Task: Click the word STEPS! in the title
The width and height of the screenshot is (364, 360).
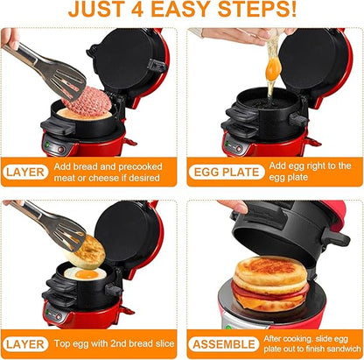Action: pyautogui.click(x=270, y=12)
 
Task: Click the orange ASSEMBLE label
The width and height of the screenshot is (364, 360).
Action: pyautogui.click(x=226, y=344)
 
